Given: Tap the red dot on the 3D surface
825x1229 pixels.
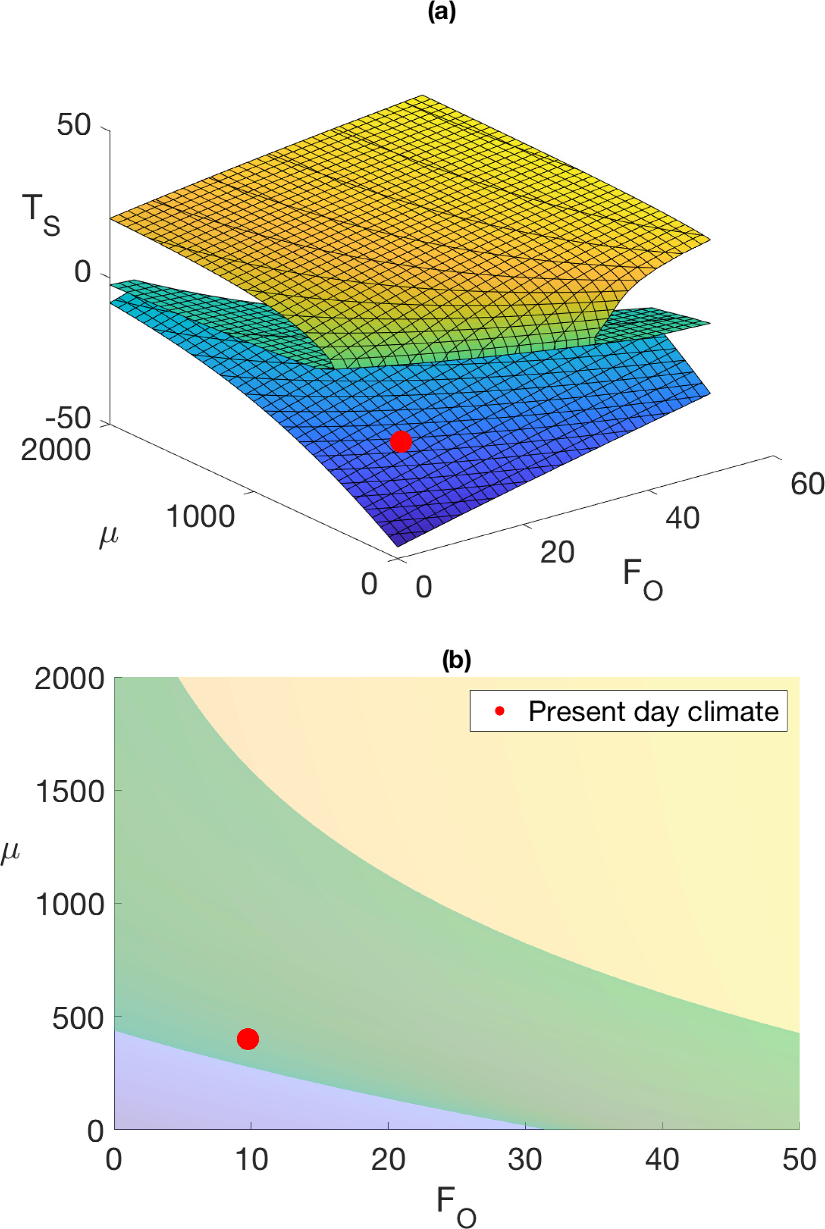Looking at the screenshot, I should (401, 442).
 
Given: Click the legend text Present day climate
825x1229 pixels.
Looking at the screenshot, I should (653, 712).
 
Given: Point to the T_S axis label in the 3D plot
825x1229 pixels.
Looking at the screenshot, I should (41, 214).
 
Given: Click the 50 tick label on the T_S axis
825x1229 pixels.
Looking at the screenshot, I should (74, 126).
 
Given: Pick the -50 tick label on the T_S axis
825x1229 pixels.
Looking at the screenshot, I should (68, 418).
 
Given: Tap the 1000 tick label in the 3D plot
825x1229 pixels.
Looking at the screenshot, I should (200, 517).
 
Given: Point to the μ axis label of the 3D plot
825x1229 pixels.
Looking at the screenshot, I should (109, 537).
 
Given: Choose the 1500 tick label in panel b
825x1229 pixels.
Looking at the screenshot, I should (69, 791).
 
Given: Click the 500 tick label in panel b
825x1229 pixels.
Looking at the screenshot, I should (78, 1019).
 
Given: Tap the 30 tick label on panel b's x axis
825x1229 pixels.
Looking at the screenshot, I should (525, 1159).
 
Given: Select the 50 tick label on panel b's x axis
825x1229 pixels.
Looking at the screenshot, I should (799, 1159).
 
